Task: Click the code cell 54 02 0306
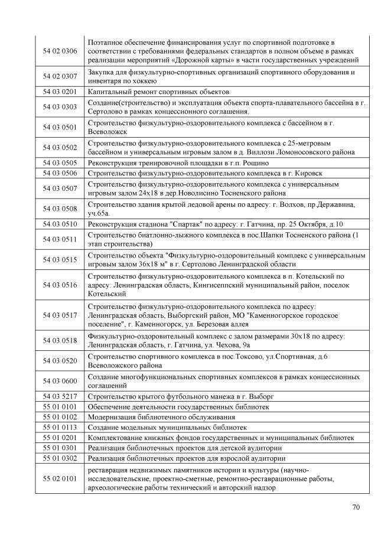pyautogui.click(x=60, y=51)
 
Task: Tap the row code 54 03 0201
pyautogui.click(x=60, y=92)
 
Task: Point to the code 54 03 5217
pyautogui.click(x=60, y=396)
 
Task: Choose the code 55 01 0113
pyautogui.click(x=60, y=427)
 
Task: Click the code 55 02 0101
pyautogui.click(x=60, y=478)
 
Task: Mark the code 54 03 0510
pyautogui.click(x=60, y=224)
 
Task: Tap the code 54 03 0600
pyautogui.click(x=60, y=380)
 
